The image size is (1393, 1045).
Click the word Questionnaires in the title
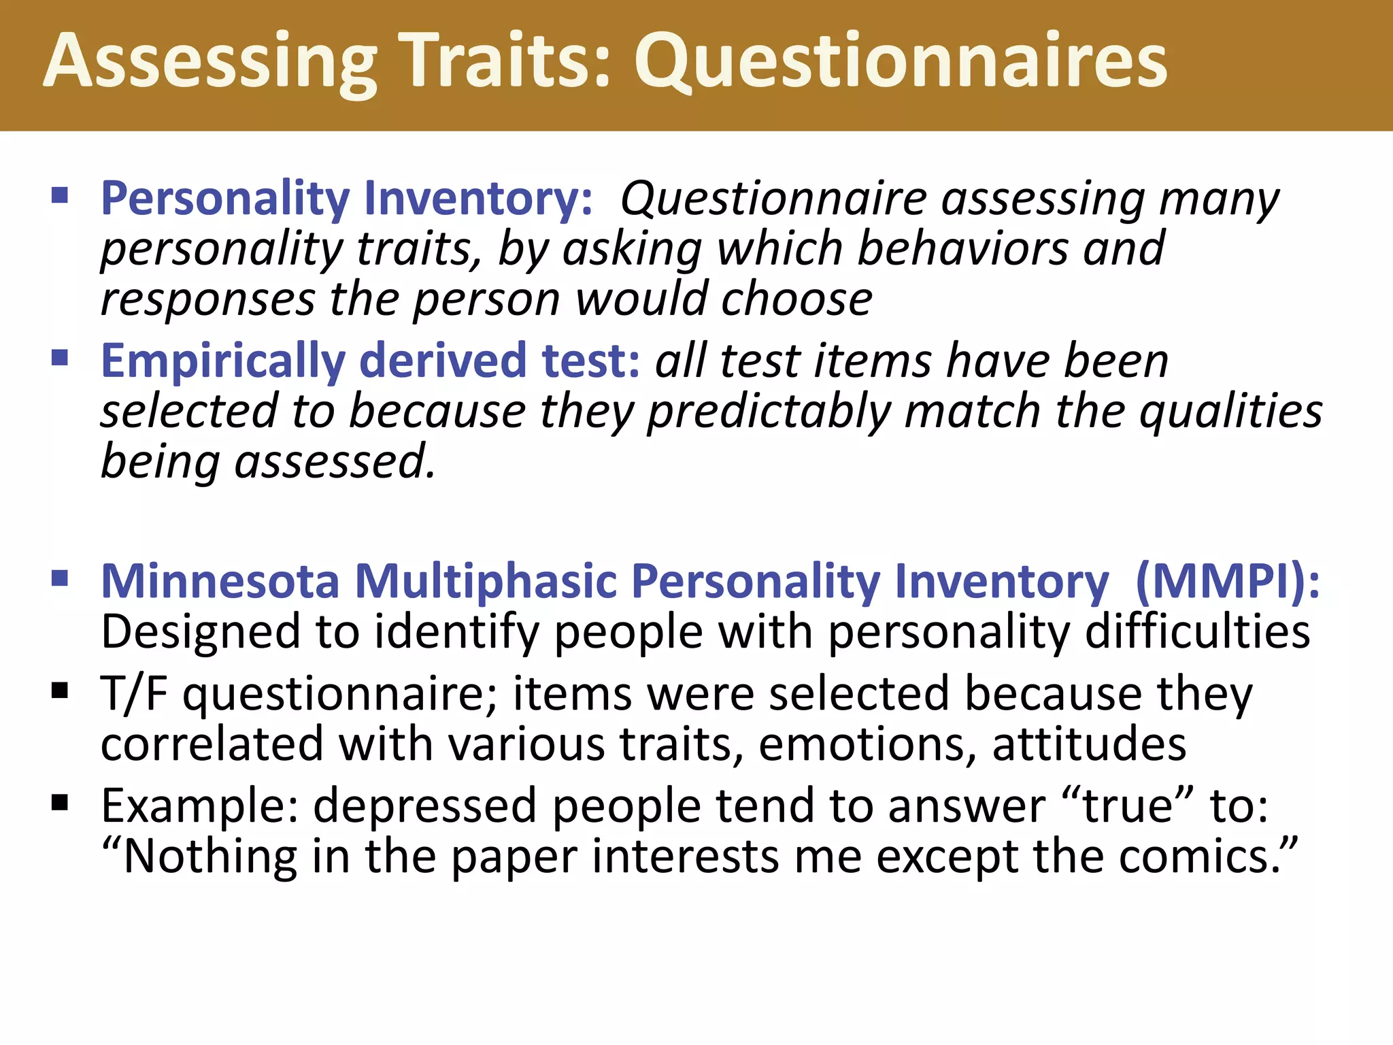pos(901,63)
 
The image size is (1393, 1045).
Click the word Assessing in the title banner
pos(210,63)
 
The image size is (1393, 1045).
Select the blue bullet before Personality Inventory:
pos(60,197)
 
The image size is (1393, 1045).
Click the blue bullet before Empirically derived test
pos(60,358)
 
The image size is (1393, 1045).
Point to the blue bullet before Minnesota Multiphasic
pos(60,579)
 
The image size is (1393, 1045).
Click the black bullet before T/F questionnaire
pos(60,691)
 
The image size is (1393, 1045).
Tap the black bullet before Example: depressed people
pos(60,803)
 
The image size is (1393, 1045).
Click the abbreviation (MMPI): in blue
pos(1228,582)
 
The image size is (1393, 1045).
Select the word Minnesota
pos(220,582)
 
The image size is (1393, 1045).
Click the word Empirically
pos(222,361)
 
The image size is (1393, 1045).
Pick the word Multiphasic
pos(486,582)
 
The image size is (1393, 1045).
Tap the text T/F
pos(134,695)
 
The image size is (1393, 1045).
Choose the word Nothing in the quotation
pos(209,857)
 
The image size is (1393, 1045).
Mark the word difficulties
pos(1197,632)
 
